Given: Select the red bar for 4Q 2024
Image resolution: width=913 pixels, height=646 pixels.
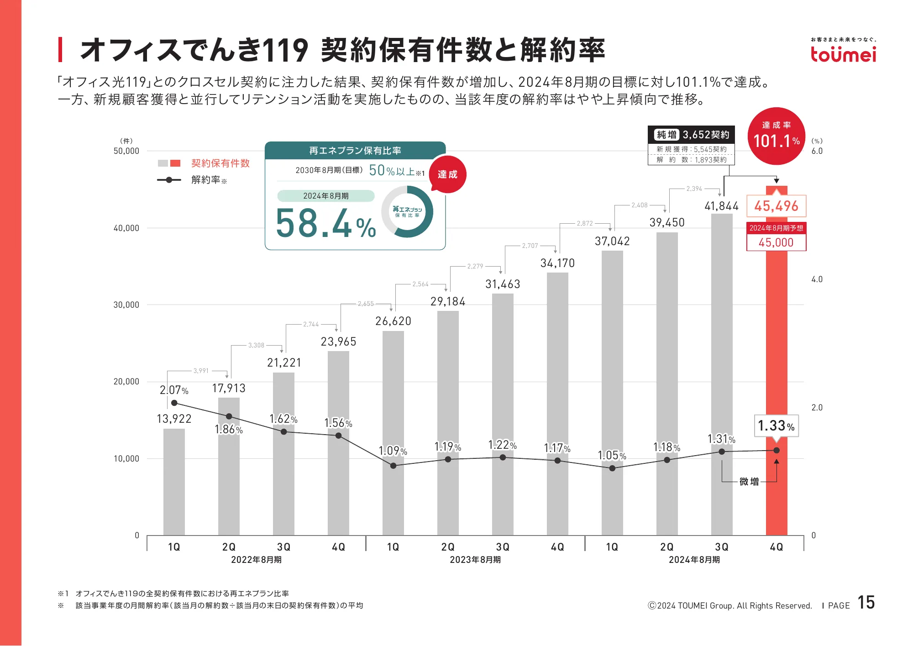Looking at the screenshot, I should point(777,365).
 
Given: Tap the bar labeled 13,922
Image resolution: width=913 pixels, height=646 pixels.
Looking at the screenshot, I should point(174,482).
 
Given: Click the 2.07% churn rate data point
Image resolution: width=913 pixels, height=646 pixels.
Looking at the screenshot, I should point(174,403).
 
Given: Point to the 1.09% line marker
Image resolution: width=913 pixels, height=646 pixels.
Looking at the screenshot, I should point(393,466).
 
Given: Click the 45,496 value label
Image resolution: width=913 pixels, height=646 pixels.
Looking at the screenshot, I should point(776,206).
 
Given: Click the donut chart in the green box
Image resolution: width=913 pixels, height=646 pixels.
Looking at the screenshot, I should point(407,212).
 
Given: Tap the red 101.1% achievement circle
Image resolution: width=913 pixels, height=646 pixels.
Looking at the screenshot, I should point(776,136).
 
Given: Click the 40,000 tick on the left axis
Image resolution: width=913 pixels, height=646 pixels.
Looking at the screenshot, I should point(126,228).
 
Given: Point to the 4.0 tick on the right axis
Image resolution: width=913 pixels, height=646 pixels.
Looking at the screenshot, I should point(817,279).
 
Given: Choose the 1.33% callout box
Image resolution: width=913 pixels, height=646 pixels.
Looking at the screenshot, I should point(776,426).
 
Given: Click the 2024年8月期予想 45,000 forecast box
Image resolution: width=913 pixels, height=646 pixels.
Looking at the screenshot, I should point(776,236).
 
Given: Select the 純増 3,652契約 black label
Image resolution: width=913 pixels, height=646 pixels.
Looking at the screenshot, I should point(691,135).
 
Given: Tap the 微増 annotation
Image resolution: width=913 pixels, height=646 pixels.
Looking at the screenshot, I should point(749,482).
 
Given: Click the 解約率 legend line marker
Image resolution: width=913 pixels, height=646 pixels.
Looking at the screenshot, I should point(169,180).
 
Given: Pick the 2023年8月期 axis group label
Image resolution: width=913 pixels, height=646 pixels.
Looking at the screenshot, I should point(475,560).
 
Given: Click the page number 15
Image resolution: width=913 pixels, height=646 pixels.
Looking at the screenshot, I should point(866,603).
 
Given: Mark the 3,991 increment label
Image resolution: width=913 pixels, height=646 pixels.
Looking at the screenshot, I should point(201,371).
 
